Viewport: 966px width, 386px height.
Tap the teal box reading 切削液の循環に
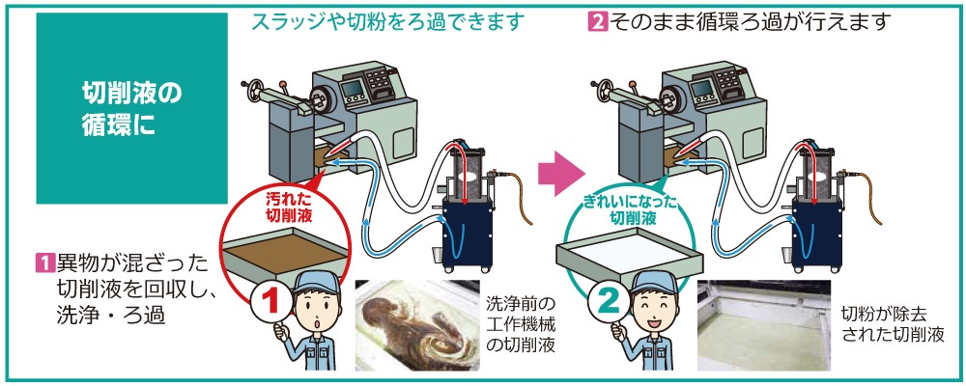(131, 109)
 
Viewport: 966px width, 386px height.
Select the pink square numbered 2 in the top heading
(596, 20)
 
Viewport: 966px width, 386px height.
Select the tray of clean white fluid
(627, 257)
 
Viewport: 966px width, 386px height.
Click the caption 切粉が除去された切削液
(889, 324)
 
